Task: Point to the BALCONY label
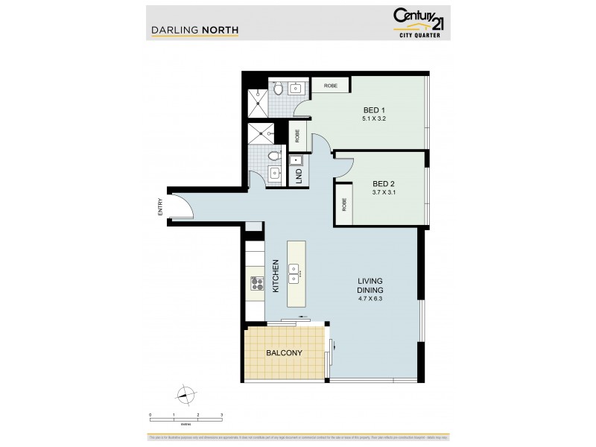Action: pos(284,353)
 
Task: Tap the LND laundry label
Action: pos(299,176)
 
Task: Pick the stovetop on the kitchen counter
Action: pos(257,283)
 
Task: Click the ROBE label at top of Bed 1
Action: pos(330,86)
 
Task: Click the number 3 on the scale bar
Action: pos(221,414)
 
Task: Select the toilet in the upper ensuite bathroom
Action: pos(277,89)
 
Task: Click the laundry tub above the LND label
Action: pos(298,160)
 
